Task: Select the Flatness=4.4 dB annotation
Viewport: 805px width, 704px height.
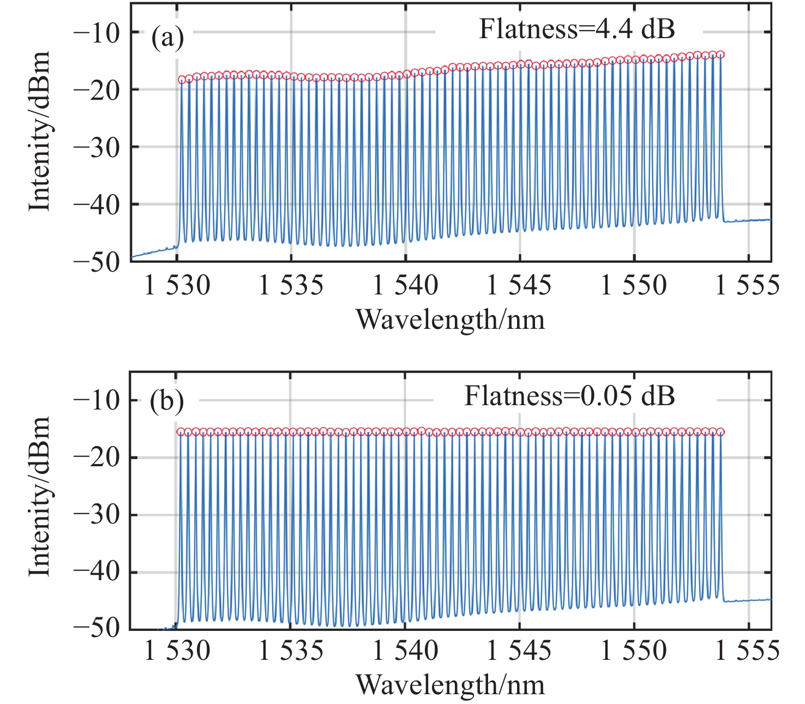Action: (x=577, y=29)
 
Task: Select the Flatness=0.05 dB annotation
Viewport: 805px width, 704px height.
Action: (x=569, y=396)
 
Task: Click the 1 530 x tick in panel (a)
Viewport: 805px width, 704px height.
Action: (x=177, y=285)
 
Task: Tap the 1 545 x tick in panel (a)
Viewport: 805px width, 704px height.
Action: (x=519, y=285)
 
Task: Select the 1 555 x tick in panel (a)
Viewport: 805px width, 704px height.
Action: (x=747, y=285)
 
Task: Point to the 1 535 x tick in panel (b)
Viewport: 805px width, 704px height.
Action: (x=291, y=651)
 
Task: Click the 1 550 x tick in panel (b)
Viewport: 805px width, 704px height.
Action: (x=634, y=651)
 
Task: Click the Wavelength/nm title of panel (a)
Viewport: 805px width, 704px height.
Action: (x=450, y=320)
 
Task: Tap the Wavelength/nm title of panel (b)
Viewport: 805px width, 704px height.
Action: (x=450, y=685)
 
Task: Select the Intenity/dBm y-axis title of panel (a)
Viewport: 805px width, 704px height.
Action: (x=39, y=131)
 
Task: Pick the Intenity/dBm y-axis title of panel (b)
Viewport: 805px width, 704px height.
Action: (x=39, y=496)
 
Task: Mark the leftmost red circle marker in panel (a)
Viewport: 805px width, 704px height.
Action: (x=182, y=80)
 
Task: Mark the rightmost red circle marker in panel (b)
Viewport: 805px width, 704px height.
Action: (x=720, y=432)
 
